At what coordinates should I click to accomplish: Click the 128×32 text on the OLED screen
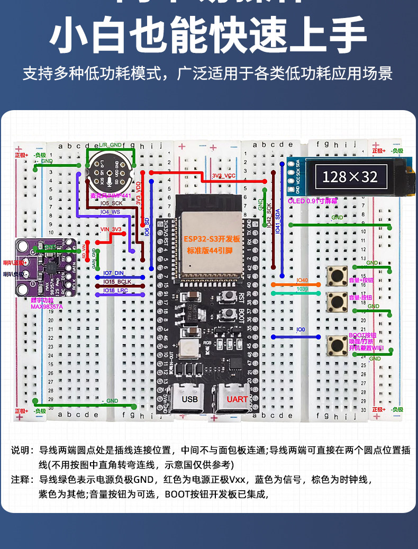(349, 176)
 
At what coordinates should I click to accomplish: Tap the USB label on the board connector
(189, 399)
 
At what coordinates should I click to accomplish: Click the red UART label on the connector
(237, 399)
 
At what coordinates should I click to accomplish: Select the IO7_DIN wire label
(113, 273)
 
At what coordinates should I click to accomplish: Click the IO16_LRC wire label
(115, 291)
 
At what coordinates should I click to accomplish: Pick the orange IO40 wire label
(302, 280)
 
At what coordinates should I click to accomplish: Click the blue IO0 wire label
(301, 330)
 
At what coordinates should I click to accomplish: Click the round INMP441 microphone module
(110, 173)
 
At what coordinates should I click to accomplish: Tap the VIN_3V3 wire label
(111, 229)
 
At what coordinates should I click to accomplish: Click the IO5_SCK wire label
(111, 203)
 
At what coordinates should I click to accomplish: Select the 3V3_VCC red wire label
(223, 175)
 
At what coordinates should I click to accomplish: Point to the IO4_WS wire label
(111, 212)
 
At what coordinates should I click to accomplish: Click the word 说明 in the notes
(22, 451)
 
